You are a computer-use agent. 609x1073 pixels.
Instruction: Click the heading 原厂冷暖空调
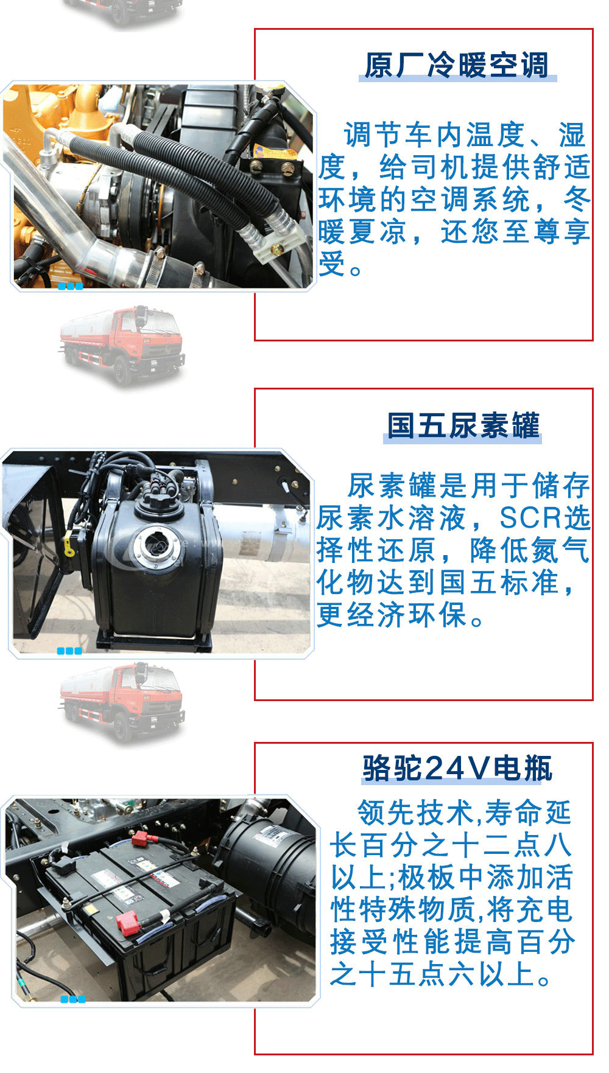click(x=457, y=65)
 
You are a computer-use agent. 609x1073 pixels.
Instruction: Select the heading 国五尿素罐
click(x=463, y=425)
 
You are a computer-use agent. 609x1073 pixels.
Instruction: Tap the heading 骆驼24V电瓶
click(x=457, y=767)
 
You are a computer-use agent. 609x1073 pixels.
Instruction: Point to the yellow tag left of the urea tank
click(x=69, y=544)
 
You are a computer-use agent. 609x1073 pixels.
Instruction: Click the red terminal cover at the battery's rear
click(x=141, y=838)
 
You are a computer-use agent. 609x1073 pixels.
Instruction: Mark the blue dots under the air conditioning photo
click(x=70, y=286)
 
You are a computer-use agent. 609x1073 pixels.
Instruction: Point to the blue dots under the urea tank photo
click(x=69, y=651)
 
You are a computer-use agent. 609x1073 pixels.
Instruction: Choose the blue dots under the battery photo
click(x=73, y=999)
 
